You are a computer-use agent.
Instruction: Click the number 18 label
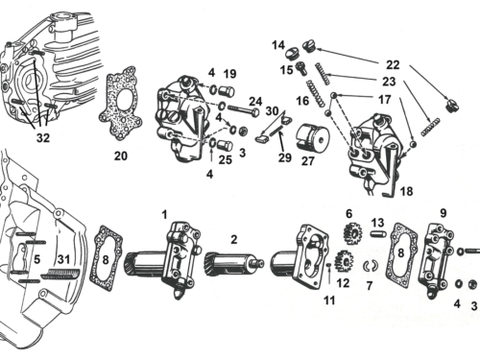[x=407, y=192]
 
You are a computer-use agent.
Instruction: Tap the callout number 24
[x=257, y=100]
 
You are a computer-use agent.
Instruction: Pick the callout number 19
[x=229, y=74]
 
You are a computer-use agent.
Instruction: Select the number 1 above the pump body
[x=164, y=213]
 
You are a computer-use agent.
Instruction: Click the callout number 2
[x=233, y=240]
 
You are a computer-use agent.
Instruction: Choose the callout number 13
[x=377, y=222]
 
